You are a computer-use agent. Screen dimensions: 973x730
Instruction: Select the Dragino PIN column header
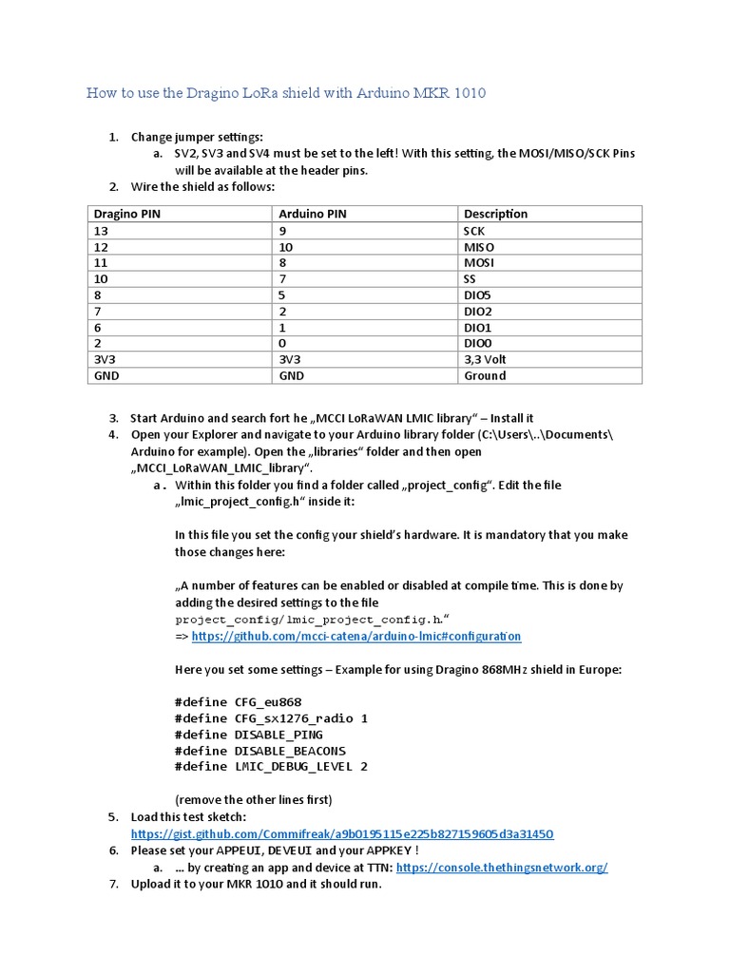point(126,214)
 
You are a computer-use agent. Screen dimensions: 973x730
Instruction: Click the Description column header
point(495,214)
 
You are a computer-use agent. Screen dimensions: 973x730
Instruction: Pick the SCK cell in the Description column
point(474,230)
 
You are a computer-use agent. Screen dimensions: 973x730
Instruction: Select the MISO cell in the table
point(478,246)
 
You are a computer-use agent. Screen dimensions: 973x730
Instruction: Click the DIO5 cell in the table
point(477,295)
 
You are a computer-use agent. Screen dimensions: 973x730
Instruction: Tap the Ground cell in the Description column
point(485,375)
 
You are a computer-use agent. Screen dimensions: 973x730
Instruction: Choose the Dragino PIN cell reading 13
point(101,230)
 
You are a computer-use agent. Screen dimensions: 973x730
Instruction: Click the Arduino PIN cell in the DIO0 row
point(282,343)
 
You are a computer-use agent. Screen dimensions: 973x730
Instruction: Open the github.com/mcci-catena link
point(355,636)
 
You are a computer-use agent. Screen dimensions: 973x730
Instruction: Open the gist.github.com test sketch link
point(342,833)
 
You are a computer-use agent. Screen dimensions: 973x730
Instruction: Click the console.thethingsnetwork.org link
point(501,868)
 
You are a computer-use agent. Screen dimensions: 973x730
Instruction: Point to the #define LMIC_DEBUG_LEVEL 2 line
point(271,767)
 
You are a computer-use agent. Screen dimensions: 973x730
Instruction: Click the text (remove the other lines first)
point(254,799)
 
